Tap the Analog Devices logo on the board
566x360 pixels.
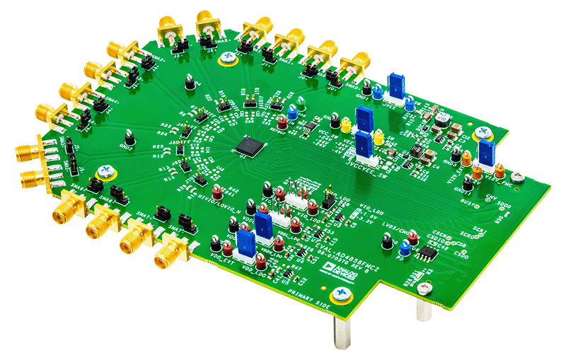pos(332,267)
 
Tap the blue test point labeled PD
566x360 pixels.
pos(405,248)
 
